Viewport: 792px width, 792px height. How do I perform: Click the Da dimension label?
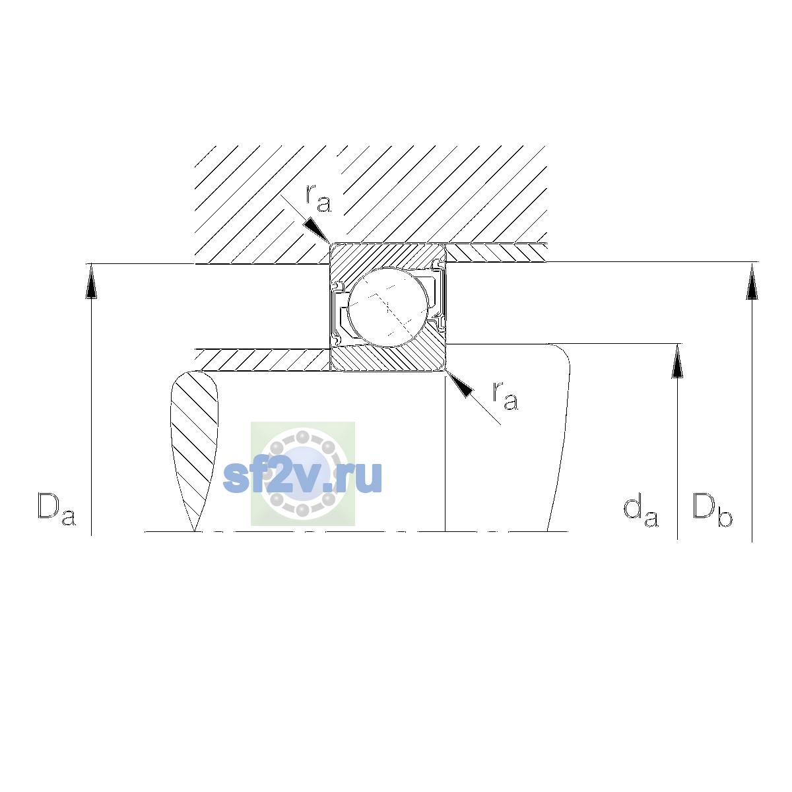[57, 510]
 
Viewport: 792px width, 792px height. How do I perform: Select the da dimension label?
[641, 512]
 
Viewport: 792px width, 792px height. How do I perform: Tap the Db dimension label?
[712, 510]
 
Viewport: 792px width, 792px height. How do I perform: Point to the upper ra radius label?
[318, 199]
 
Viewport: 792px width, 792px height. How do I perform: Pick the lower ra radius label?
[506, 396]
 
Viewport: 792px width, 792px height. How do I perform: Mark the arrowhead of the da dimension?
[677, 361]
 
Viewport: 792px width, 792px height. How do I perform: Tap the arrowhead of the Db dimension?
[752, 281]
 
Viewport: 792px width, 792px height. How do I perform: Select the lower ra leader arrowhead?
[459, 384]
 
